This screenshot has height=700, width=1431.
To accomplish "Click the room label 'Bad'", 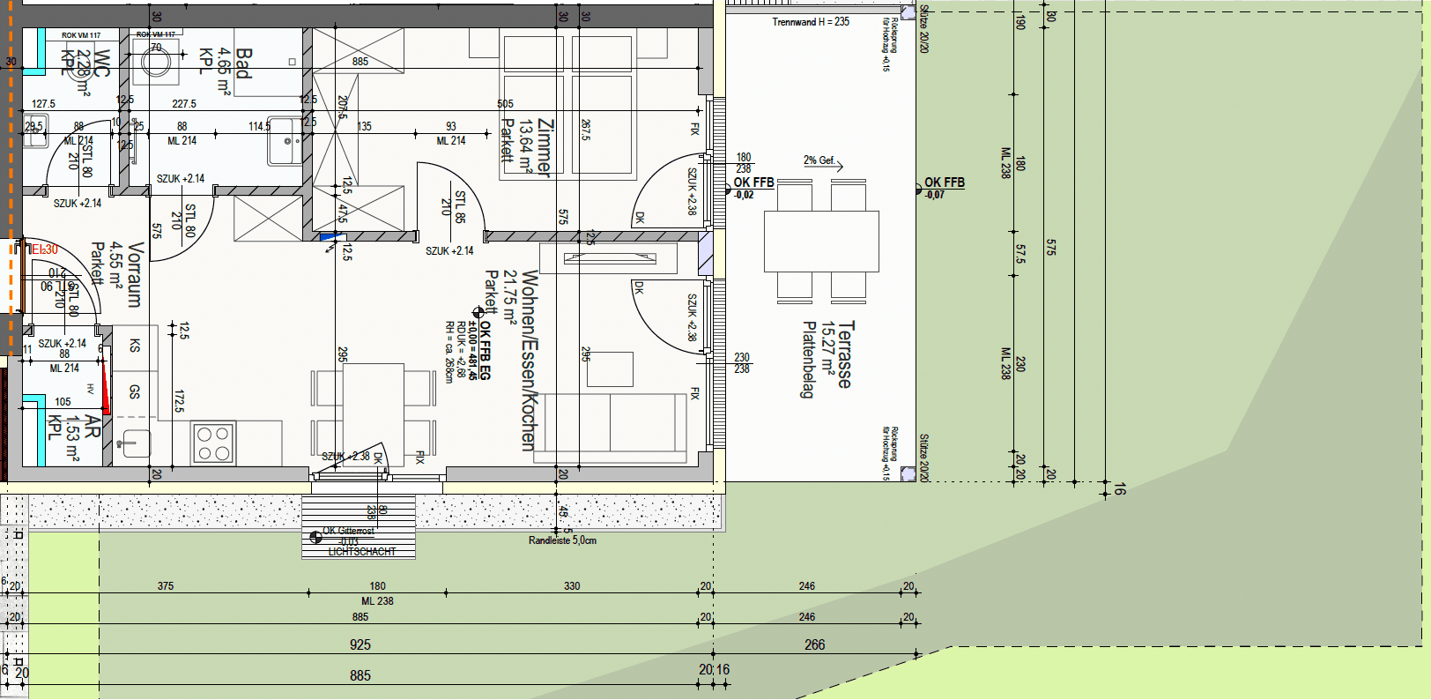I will [x=243, y=63].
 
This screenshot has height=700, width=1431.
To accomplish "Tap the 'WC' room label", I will [x=101, y=63].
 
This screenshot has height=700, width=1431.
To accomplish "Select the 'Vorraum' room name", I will [x=134, y=274].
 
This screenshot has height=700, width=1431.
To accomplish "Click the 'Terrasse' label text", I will [x=846, y=354].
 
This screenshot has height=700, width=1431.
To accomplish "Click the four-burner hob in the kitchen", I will [x=212, y=443].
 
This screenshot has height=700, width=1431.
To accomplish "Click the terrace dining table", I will [x=821, y=241].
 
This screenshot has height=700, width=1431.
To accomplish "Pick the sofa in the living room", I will [x=615, y=427].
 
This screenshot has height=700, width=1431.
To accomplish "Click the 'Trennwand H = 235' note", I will [x=811, y=22].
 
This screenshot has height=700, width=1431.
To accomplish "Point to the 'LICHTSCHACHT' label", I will [x=361, y=552].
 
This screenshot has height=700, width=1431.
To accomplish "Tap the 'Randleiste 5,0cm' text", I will [x=562, y=540].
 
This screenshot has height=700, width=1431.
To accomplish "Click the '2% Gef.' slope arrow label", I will [x=819, y=160].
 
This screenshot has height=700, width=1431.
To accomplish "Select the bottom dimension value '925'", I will [x=360, y=644].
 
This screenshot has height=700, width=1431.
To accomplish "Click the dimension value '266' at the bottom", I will [x=814, y=644].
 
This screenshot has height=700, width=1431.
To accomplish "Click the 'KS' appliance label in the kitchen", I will [x=135, y=346].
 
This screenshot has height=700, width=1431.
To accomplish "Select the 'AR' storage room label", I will [x=92, y=427].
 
